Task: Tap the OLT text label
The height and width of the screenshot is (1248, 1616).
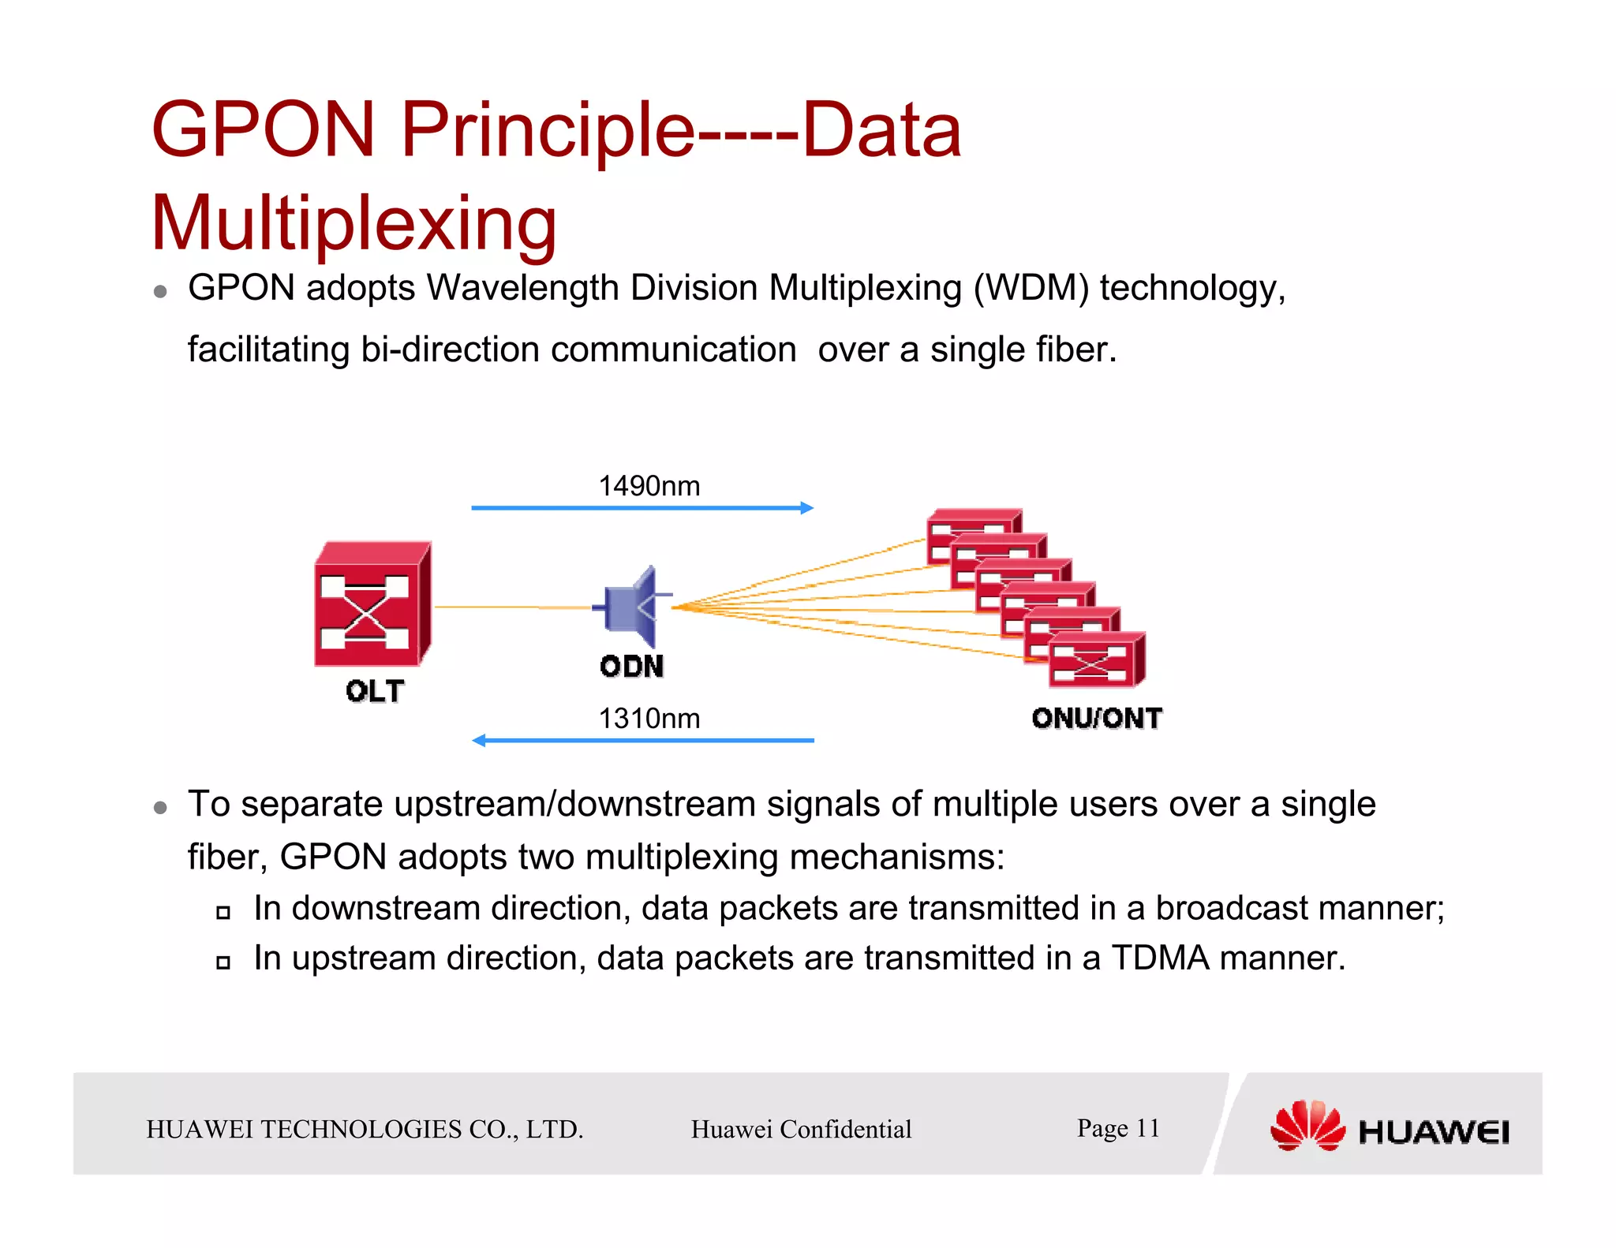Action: pyautogui.click(x=375, y=692)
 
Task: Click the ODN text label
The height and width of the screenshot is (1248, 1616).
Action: pyautogui.click(x=631, y=667)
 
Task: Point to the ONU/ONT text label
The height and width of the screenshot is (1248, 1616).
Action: pyautogui.click(x=1097, y=719)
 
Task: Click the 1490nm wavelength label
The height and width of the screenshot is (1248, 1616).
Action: pyautogui.click(x=649, y=486)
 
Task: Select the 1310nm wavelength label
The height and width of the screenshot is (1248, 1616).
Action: pyautogui.click(x=649, y=719)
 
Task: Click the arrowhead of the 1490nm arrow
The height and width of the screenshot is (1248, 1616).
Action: pyautogui.click(x=806, y=508)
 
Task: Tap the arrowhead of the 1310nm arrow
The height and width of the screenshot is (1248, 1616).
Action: pyautogui.click(x=479, y=740)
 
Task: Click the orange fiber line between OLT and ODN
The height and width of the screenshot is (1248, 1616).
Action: pyautogui.click(x=513, y=607)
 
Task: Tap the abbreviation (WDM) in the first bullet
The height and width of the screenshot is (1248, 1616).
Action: pyautogui.click(x=1031, y=288)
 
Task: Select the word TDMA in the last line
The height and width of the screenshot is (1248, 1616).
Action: pyautogui.click(x=1160, y=958)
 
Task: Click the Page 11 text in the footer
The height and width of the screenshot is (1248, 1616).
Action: pyautogui.click(x=1118, y=1128)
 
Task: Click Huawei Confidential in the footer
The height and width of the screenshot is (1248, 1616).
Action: pyautogui.click(x=801, y=1130)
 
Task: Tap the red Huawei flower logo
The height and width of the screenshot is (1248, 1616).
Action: pyautogui.click(x=1307, y=1127)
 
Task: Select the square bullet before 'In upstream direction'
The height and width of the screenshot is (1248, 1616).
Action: pyautogui.click(x=223, y=962)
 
